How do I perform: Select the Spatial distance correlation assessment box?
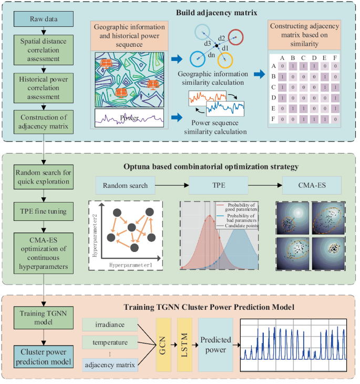coord(43,49)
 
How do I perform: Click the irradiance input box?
coord(110,325)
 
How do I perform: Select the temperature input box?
coord(110,343)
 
